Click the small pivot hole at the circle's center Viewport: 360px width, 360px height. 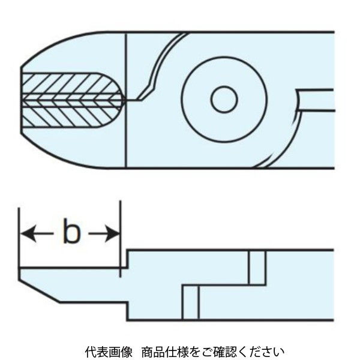[x=224, y=99]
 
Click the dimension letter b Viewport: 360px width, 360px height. [x=71, y=233]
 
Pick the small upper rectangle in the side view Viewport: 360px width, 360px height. [x=257, y=267]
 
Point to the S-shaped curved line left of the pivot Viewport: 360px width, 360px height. [x=157, y=66]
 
